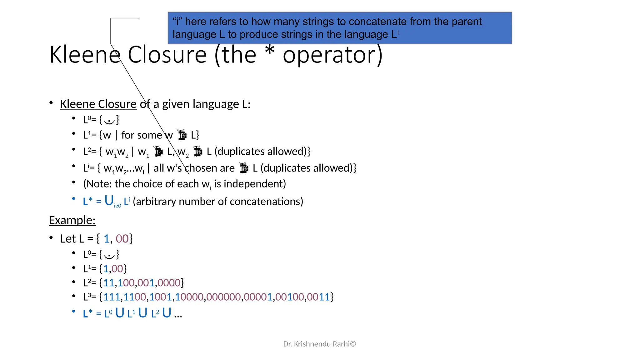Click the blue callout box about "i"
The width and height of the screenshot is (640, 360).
pyautogui.click(x=340, y=28)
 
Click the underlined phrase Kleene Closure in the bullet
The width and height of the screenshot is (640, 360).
pyautogui.click(x=98, y=104)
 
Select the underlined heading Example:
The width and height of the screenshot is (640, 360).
pyautogui.click(x=72, y=220)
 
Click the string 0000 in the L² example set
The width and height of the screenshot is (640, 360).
pyautogui.click(x=169, y=283)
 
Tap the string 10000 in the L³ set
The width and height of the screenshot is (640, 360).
pyautogui.click(x=189, y=297)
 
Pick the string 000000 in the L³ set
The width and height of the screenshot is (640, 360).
pyautogui.click(x=223, y=297)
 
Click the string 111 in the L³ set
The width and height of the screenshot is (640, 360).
pyautogui.click(x=112, y=297)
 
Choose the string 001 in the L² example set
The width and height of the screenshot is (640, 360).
pyautogui.click(x=146, y=283)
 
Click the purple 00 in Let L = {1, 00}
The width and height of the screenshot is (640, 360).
pyautogui.click(x=122, y=239)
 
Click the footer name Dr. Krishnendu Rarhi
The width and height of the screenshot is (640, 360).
pyautogui.click(x=316, y=344)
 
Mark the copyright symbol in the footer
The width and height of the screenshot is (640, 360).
pyautogui.click(x=353, y=344)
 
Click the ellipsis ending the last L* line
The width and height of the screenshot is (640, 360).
pyautogui.click(x=178, y=314)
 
